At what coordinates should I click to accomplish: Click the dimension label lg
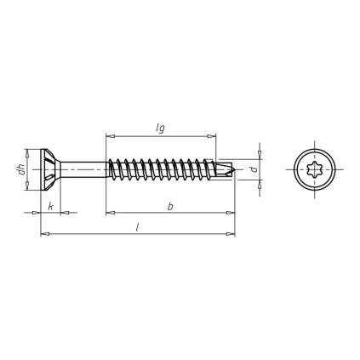pyautogui.click(x=160, y=129)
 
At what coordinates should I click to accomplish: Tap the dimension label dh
pyautogui.click(x=21, y=170)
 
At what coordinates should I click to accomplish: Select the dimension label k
pyautogui.click(x=50, y=207)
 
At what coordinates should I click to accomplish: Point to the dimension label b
pyautogui.click(x=170, y=207)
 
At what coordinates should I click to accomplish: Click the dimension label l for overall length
pyautogui.click(x=137, y=227)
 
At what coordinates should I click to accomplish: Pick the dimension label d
pyautogui.click(x=254, y=169)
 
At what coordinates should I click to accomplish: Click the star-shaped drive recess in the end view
pyautogui.click(x=315, y=169)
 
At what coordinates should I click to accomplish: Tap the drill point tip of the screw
pyautogui.click(x=236, y=169)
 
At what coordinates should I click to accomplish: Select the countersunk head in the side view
pyautogui.click(x=51, y=169)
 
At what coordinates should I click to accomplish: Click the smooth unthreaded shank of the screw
pyautogui.click(x=84, y=169)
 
